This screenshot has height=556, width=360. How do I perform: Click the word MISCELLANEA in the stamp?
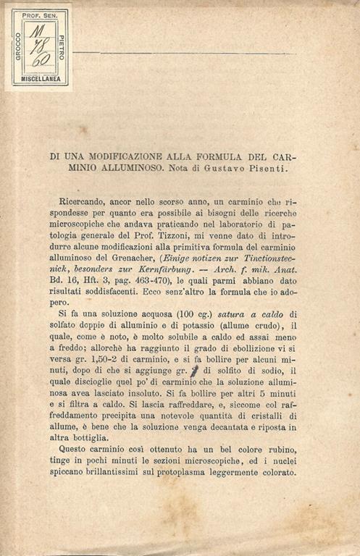point(40,79)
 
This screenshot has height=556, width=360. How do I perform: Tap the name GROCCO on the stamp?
point(18,46)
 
